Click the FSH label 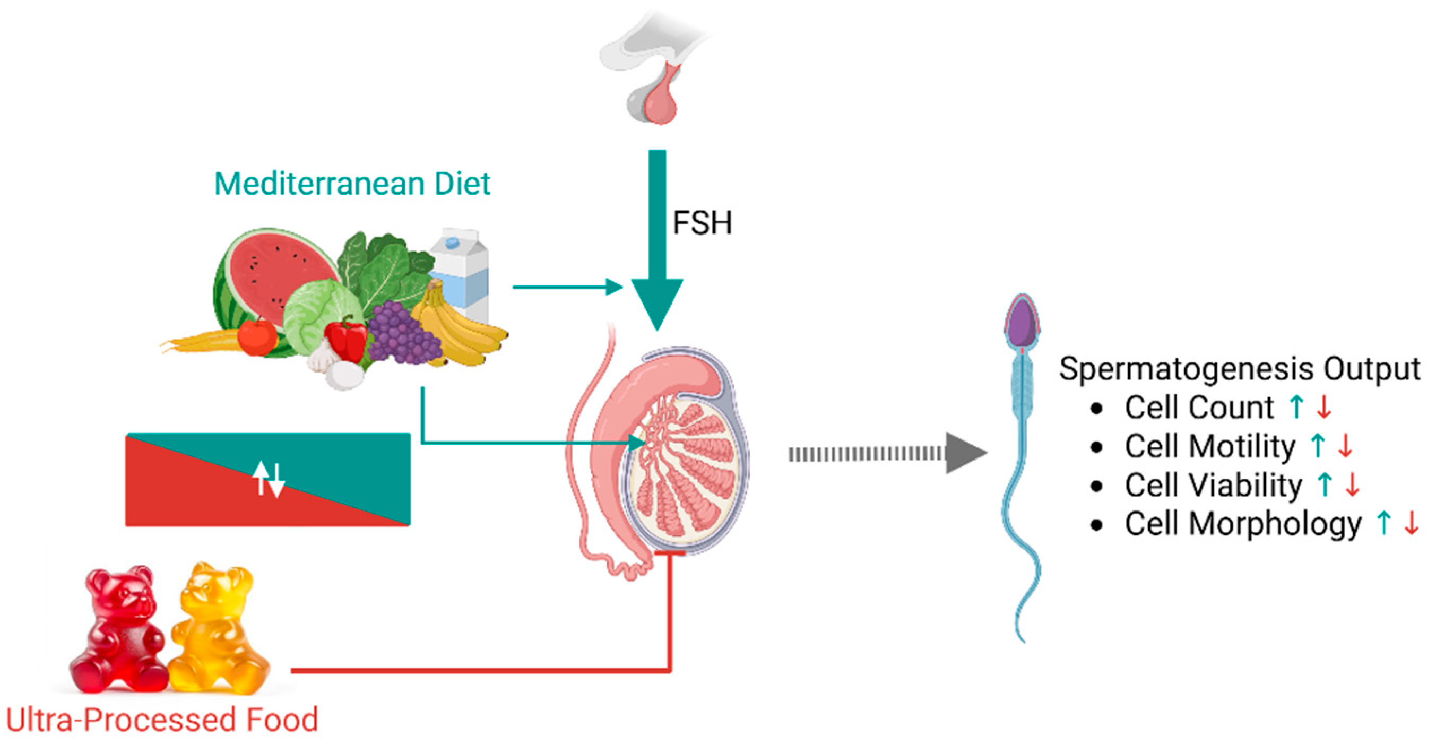(x=702, y=223)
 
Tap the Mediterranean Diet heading (x=352, y=184)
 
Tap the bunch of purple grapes (x=401, y=334)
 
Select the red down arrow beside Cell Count (x=1325, y=408)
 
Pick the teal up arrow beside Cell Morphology (x=1383, y=524)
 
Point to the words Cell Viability (x=1213, y=485)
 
